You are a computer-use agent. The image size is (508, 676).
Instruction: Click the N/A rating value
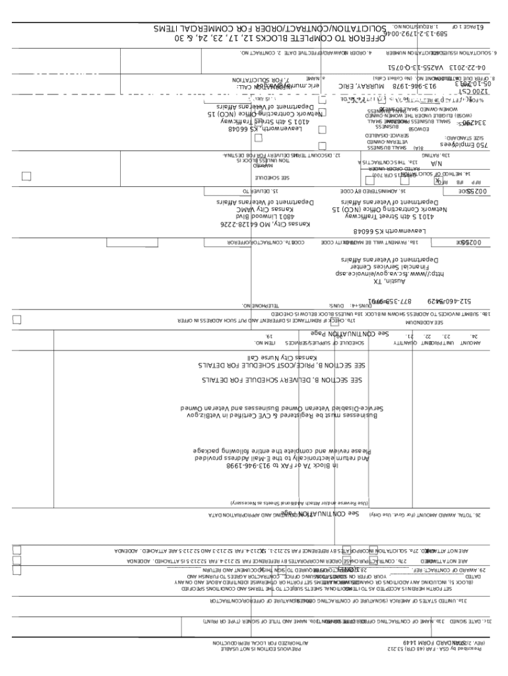pyautogui.click(x=436, y=162)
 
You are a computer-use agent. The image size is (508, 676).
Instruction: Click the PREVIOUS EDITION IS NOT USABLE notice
pyautogui.click(x=259, y=650)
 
